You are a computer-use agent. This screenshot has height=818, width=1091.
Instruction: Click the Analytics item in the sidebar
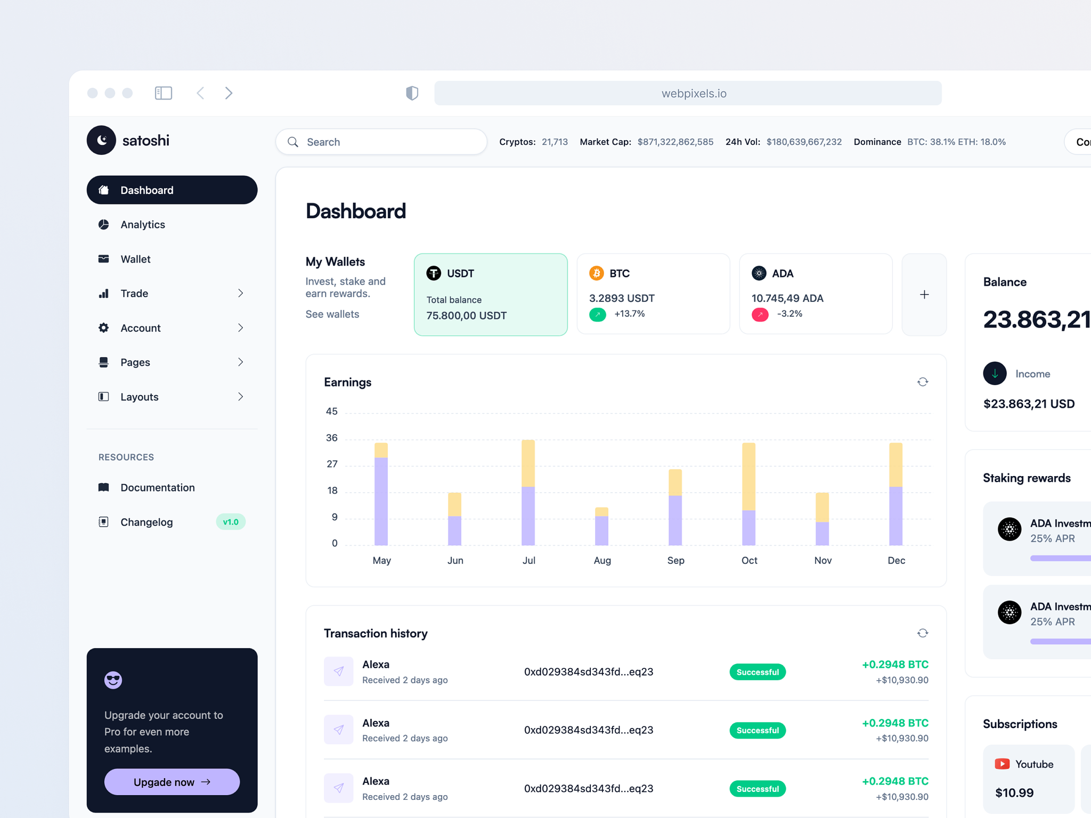pyautogui.click(x=142, y=225)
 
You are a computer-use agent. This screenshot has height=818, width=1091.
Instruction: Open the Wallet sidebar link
pyautogui.click(x=135, y=259)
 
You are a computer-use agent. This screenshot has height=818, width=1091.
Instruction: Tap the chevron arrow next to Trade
pyautogui.click(x=240, y=293)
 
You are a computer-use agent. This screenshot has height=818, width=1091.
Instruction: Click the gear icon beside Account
pyautogui.click(x=104, y=328)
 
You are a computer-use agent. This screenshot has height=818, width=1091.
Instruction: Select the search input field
pyautogui.click(x=381, y=142)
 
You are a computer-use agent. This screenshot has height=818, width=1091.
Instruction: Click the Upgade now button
pyautogui.click(x=172, y=782)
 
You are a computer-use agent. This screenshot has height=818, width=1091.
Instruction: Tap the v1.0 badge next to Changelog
pyautogui.click(x=231, y=522)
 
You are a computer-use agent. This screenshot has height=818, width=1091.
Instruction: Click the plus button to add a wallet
pyautogui.click(x=924, y=295)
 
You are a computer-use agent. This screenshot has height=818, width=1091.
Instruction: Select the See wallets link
pyautogui.click(x=332, y=314)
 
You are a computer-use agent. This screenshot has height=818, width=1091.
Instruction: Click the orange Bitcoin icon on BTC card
pyautogui.click(x=596, y=273)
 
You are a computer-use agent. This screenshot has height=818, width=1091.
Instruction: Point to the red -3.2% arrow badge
pyautogui.click(x=760, y=314)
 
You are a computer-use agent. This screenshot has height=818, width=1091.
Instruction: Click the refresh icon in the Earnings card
pyautogui.click(x=923, y=382)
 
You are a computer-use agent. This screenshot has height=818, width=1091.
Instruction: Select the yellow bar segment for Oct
pyautogui.click(x=748, y=477)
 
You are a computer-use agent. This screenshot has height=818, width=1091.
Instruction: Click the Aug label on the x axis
pyautogui.click(x=602, y=560)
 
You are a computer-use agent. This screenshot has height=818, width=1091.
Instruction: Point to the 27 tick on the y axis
pyautogui.click(x=332, y=464)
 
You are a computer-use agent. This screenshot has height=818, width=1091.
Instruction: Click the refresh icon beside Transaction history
pyautogui.click(x=923, y=633)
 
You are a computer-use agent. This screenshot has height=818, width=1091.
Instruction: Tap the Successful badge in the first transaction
pyautogui.click(x=757, y=672)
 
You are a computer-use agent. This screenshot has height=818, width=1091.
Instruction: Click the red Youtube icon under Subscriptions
pyautogui.click(x=1002, y=764)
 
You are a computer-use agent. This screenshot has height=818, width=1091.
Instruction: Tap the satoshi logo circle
pyautogui.click(x=101, y=140)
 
